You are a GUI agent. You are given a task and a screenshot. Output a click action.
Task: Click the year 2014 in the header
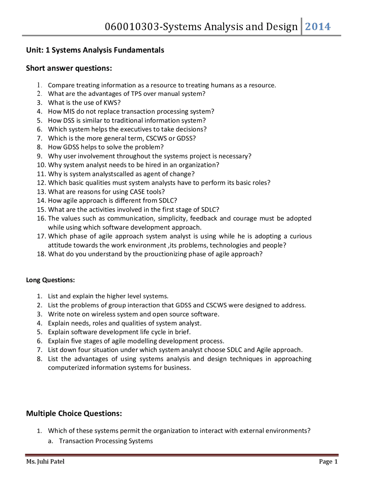point(318,27)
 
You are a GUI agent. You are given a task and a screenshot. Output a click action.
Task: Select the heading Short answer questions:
point(69,68)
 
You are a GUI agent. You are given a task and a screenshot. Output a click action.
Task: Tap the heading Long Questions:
point(50,280)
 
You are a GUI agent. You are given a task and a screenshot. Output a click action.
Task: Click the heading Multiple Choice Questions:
point(74,413)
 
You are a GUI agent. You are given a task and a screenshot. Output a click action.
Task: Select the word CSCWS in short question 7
point(156,138)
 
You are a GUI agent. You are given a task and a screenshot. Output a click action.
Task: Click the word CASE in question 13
point(137,192)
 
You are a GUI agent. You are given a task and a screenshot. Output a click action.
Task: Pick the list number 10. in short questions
point(41,165)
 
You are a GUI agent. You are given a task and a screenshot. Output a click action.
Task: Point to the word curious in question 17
point(300,236)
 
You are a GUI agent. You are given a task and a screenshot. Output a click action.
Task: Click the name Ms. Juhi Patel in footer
point(45,462)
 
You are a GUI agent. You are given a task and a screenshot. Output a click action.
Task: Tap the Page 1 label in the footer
point(328,462)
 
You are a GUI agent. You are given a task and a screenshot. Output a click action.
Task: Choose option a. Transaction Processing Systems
point(105,441)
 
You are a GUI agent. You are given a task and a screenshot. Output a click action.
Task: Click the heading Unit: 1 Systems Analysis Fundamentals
point(95,50)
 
